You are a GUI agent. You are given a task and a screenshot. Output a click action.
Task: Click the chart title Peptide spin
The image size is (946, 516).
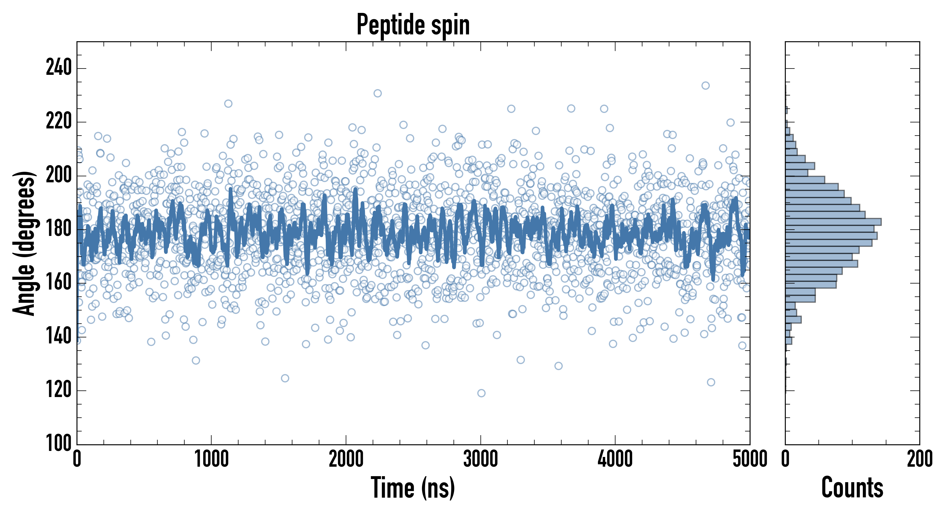(413, 25)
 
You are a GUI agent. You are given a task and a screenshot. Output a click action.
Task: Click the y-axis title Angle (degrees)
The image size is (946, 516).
(24, 243)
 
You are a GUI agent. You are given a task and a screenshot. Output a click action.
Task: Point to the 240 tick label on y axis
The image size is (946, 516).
(58, 68)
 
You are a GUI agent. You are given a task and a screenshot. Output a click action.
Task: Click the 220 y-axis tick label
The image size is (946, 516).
(58, 122)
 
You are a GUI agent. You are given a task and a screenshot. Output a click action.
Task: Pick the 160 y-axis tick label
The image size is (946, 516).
(58, 283)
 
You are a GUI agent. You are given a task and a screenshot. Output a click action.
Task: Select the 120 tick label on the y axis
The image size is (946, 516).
(58, 390)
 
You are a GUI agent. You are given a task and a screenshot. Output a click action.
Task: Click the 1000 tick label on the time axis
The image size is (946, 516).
(212, 459)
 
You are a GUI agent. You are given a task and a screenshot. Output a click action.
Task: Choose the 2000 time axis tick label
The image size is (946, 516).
(346, 459)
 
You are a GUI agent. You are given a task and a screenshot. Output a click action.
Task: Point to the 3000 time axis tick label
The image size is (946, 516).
(480, 459)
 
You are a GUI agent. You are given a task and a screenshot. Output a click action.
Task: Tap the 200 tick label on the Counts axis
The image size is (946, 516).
(919, 459)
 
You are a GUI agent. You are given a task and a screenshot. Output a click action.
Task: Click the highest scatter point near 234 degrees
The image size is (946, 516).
(705, 86)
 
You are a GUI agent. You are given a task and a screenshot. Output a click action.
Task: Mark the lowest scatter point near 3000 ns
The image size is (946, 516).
(481, 393)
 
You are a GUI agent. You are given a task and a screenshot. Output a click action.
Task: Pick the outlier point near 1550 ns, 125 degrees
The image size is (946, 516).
(285, 378)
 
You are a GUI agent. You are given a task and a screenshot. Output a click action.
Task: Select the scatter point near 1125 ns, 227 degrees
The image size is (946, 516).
(228, 103)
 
